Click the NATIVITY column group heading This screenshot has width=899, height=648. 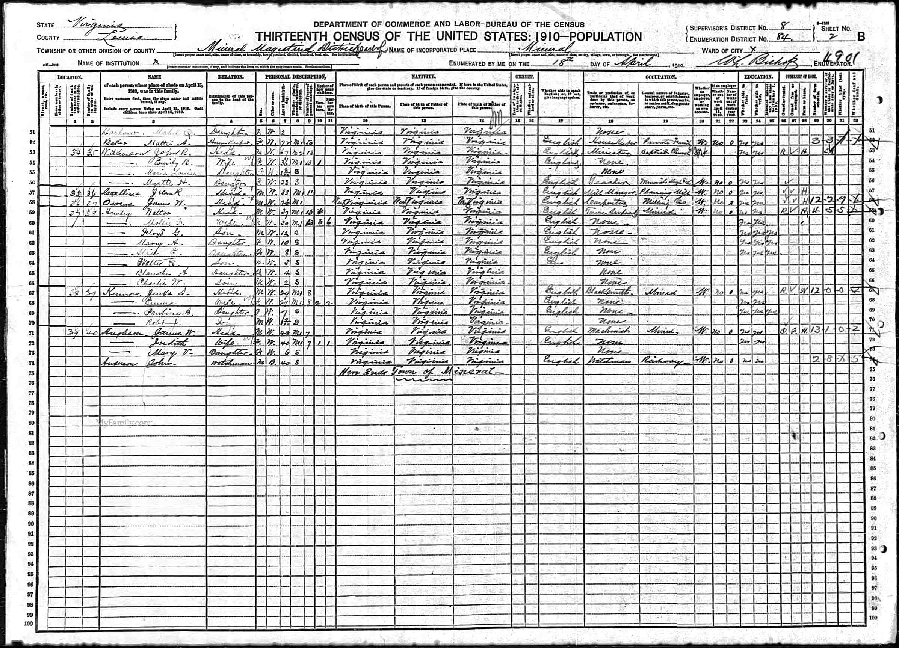click(x=423, y=76)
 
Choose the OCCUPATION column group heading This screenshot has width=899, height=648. click(x=660, y=76)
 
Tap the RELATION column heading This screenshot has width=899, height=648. click(x=231, y=77)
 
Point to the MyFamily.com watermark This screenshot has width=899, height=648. click(x=124, y=423)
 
